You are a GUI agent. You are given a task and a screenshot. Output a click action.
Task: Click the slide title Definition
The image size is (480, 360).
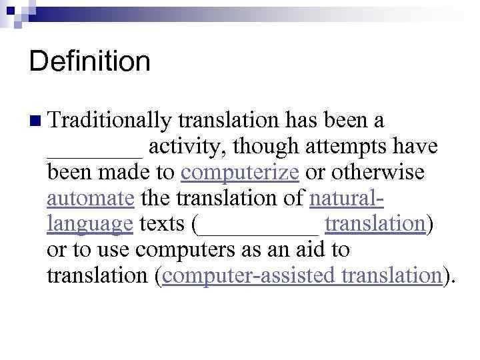tap(90, 62)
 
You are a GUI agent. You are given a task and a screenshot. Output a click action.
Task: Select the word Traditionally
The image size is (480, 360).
tap(109, 121)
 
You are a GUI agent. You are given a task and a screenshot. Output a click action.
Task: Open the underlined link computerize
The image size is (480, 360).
tap(239, 173)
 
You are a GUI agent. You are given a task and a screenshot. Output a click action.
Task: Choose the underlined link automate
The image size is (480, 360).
tap(91, 199)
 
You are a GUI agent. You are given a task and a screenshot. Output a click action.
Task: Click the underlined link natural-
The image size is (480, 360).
tap(347, 199)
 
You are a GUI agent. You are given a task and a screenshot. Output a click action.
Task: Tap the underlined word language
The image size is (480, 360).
tap(90, 225)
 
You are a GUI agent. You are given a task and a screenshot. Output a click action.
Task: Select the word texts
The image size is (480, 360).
tap(163, 225)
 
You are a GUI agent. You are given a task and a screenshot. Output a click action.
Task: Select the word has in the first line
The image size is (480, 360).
tap(303, 121)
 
